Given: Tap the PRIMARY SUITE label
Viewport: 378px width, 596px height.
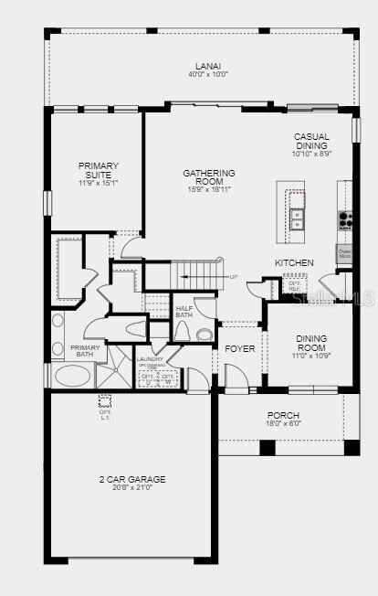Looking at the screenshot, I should tap(99, 171).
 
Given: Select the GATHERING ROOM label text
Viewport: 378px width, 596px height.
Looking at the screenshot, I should tap(209, 177).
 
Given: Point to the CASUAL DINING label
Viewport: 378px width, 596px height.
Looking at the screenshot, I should tap(311, 142).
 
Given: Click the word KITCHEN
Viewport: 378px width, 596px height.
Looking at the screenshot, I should tap(294, 263).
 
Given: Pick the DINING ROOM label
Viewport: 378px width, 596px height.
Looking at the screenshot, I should tap(311, 343).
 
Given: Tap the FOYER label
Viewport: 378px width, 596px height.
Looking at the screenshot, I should tap(240, 348).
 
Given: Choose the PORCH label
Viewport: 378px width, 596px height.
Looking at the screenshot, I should tap(283, 416).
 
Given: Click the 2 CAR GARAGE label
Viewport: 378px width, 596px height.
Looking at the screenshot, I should tap(132, 479).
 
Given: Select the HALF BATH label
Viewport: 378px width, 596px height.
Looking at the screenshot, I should tap(184, 312).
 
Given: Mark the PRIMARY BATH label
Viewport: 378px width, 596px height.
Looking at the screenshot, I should tap(85, 351).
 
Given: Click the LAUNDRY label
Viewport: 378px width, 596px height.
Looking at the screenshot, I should tap(151, 359).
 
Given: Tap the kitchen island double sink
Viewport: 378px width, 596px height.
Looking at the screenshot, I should tap(297, 218).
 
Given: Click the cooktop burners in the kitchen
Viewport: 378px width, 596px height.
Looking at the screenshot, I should tap(345, 219).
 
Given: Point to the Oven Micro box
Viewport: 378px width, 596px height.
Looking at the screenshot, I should tap(344, 253).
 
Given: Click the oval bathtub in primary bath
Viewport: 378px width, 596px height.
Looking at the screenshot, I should tap(72, 376).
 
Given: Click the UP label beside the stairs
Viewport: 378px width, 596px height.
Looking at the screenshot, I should tap(233, 277).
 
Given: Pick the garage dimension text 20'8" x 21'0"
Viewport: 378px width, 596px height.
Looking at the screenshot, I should tap(132, 488).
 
